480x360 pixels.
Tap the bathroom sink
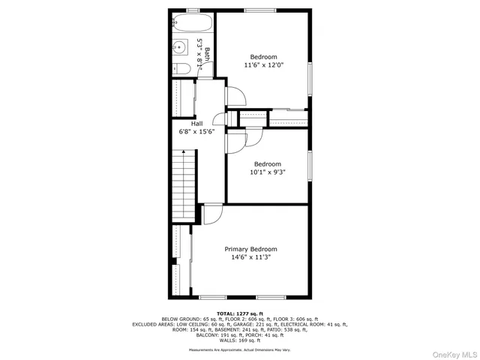click(x=179, y=48)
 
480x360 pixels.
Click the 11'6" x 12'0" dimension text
click(x=263, y=66)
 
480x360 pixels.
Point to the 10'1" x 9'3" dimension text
click(x=267, y=172)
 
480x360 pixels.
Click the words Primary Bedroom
click(x=250, y=249)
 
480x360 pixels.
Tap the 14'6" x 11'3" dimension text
click(x=250, y=258)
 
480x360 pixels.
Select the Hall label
click(x=196, y=124)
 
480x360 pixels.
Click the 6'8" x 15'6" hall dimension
click(x=196, y=132)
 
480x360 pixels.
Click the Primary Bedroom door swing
click(x=212, y=214)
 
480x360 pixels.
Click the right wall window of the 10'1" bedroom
click(x=310, y=166)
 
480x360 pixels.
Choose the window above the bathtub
click(x=193, y=10)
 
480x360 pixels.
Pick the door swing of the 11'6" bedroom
click(x=235, y=96)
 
